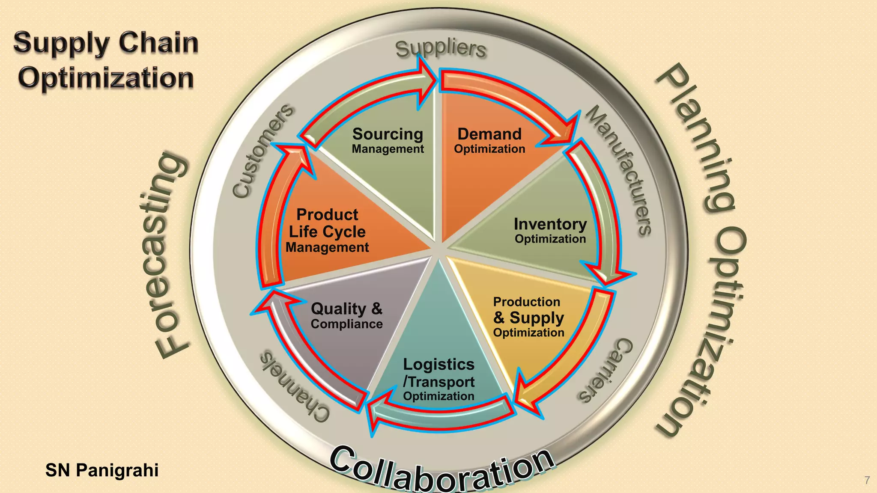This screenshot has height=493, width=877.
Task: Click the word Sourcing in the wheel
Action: point(388,134)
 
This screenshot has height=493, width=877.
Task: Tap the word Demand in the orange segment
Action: point(489,134)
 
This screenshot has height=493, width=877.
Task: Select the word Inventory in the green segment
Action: point(550,224)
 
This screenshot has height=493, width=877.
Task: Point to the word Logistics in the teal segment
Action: point(438,365)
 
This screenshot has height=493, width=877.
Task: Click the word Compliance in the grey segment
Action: point(346,324)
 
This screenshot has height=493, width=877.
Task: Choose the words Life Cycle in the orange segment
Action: point(327,232)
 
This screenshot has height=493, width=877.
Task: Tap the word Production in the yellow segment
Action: point(527,302)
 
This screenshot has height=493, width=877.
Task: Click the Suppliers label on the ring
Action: point(441,49)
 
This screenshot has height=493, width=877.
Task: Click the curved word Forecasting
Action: point(164,255)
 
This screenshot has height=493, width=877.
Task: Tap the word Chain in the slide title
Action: point(158,43)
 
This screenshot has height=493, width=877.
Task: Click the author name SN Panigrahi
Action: point(102,470)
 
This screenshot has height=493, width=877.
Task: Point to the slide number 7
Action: point(867,480)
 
